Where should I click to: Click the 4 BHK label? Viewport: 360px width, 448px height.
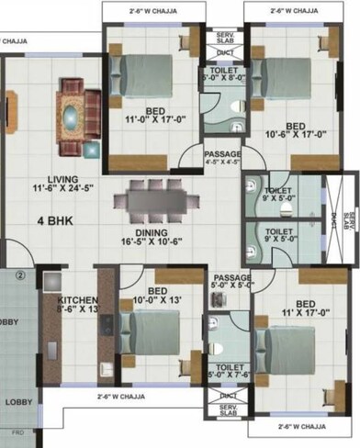point(55,221)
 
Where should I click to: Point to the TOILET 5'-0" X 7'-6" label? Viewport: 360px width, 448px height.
point(224,369)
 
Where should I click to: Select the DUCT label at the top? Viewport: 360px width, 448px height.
point(224,52)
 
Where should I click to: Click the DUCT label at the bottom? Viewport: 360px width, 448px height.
point(228,397)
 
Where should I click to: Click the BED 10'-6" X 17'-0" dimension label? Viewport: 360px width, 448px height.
point(296,131)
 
